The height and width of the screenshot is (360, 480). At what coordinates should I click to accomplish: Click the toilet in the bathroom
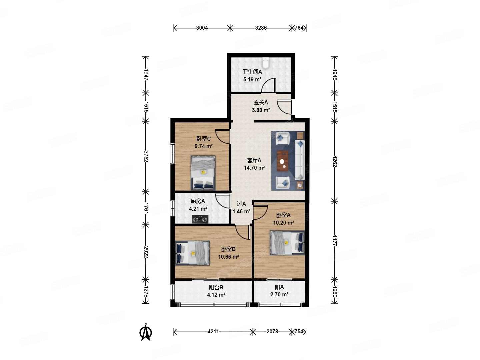(x=265, y=63)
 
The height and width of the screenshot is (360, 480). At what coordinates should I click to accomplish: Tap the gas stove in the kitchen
(x=200, y=219)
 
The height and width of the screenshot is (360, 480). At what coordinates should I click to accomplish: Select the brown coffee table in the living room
(x=283, y=161)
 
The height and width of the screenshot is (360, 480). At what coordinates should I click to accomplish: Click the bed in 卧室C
(x=203, y=173)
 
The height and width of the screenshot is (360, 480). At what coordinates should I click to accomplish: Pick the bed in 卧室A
(x=287, y=243)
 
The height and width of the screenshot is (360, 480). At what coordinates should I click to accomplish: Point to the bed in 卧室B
(x=192, y=253)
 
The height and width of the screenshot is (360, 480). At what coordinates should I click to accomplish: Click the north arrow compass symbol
(x=146, y=332)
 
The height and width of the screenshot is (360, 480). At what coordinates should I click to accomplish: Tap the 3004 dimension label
(x=202, y=28)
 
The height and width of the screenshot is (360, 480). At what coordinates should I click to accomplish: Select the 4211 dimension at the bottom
(x=213, y=332)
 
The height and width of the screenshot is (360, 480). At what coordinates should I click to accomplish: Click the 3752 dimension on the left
(x=146, y=156)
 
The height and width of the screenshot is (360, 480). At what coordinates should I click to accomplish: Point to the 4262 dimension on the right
(x=335, y=161)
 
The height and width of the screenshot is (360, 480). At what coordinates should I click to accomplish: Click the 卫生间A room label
(x=252, y=72)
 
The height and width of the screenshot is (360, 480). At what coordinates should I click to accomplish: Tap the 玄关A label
(x=261, y=102)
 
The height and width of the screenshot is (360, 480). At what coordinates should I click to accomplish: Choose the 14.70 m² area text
(x=254, y=168)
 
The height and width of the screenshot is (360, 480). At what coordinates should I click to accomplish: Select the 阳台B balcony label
(x=216, y=287)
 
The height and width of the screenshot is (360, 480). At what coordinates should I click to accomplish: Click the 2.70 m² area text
(x=279, y=294)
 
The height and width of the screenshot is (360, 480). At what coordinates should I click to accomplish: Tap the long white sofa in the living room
(x=300, y=160)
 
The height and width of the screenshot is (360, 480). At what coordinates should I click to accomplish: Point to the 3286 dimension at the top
(x=261, y=28)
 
